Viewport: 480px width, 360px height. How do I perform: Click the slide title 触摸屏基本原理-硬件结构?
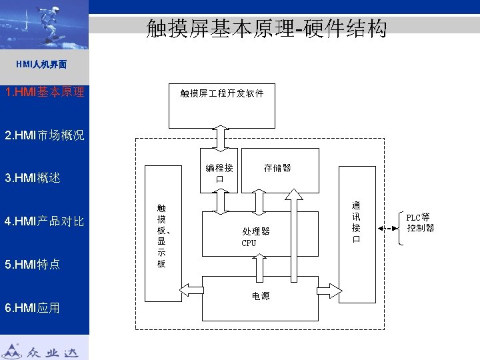tap(266, 29)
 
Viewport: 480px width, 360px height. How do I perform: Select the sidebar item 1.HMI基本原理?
tap(44, 92)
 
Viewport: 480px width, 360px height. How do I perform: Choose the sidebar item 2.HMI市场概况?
tap(44, 135)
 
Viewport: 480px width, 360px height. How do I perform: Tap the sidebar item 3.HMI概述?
tap(33, 178)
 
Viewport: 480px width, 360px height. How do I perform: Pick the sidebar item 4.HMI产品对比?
tap(44, 221)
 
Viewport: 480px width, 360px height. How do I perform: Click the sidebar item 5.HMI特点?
tap(33, 264)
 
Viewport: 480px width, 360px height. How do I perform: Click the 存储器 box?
tap(278, 169)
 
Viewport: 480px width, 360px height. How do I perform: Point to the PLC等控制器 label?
tap(420, 223)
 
